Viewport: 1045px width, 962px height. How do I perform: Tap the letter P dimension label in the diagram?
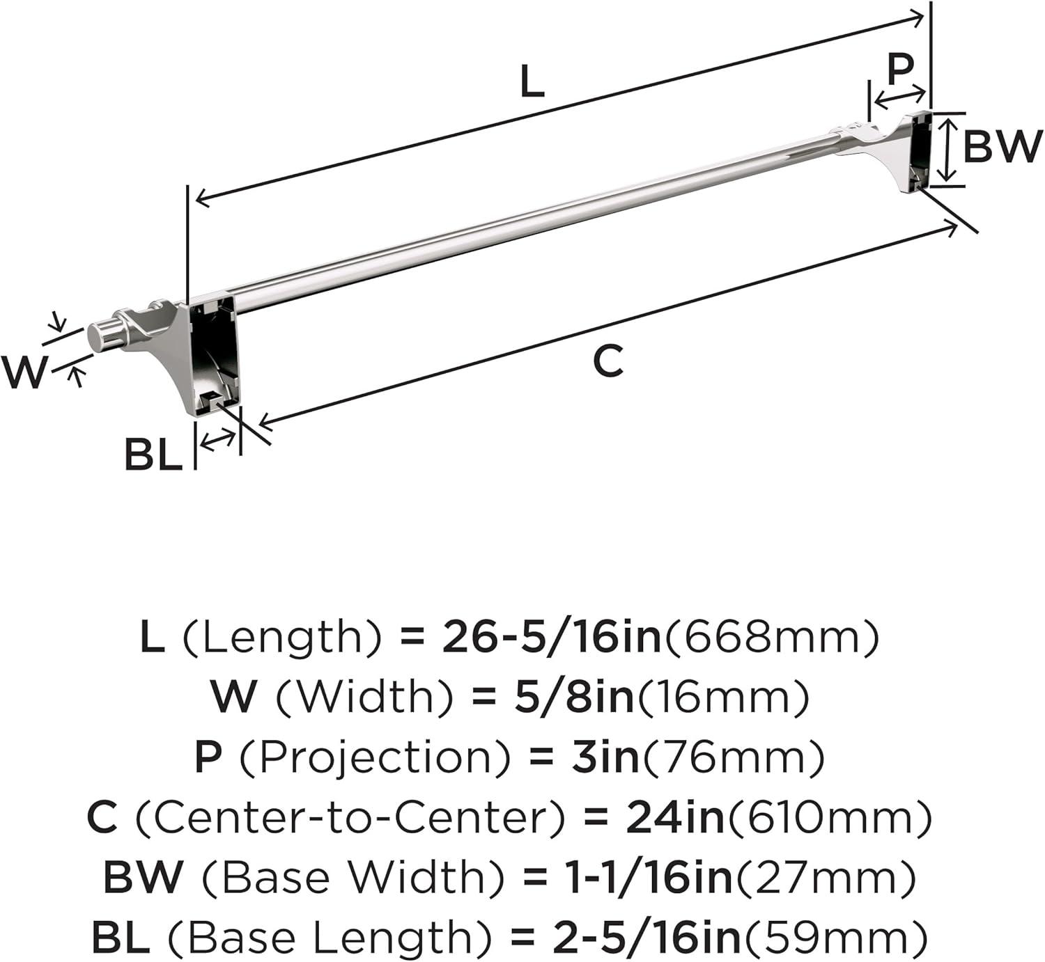coord(901,70)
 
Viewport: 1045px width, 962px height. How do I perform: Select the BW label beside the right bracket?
coord(1000,146)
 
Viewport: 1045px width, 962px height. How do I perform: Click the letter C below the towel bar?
coord(608,361)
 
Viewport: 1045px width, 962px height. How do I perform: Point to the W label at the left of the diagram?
coord(24,372)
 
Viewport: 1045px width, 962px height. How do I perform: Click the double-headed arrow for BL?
coord(218,441)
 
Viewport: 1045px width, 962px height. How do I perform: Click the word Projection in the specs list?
coord(375,758)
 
